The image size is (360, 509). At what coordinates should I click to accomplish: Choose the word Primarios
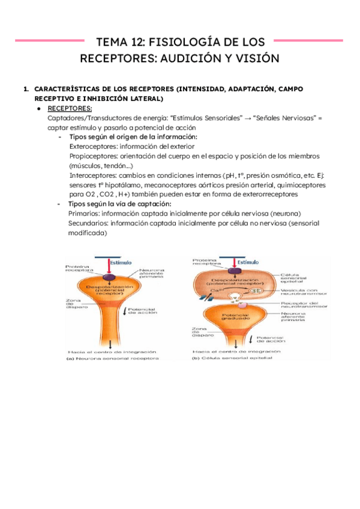tap(87, 213)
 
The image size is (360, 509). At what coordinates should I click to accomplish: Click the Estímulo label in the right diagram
tap(248, 262)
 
